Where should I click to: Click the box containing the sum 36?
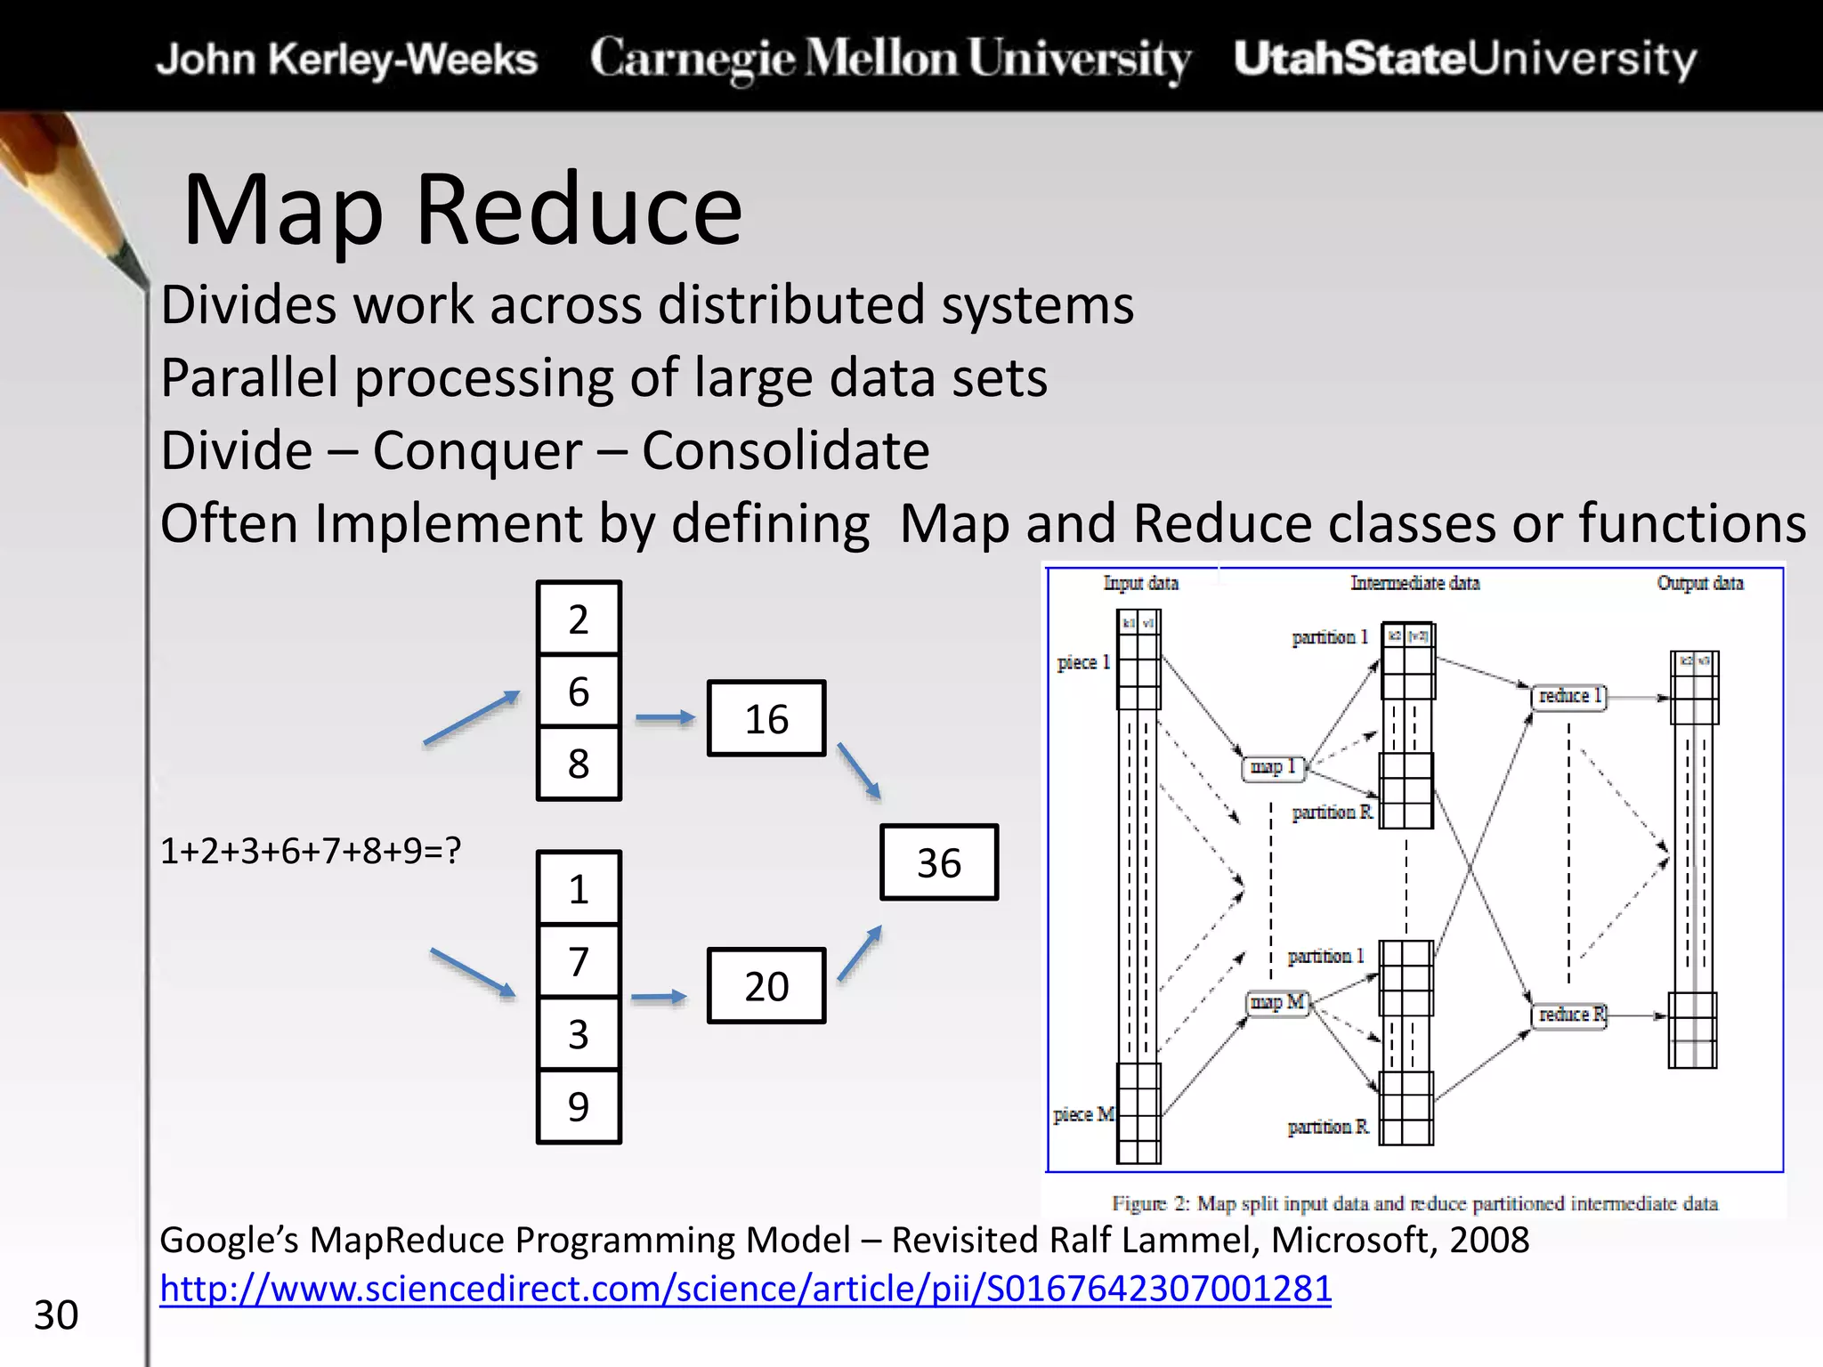tap(939, 862)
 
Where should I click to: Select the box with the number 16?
tap(766, 718)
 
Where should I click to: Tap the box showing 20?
tap(766, 986)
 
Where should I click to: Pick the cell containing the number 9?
tap(579, 1106)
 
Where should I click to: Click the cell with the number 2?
tap(579, 619)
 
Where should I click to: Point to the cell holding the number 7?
tap(579, 961)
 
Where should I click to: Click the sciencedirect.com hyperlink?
tap(745, 1289)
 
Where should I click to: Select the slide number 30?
tap(56, 1315)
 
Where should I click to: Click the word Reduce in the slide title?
tap(579, 210)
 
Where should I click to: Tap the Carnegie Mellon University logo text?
tap(890, 59)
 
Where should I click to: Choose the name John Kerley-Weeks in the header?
tap(347, 60)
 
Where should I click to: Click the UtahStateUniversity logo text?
tap(1465, 59)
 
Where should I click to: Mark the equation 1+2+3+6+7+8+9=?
tap(311, 852)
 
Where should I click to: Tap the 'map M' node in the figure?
tap(1277, 1003)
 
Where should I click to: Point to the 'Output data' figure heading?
tap(1699, 583)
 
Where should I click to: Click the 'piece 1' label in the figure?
tap(1083, 662)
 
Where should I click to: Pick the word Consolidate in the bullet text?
tap(785, 450)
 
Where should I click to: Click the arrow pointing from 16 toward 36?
tap(859, 771)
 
